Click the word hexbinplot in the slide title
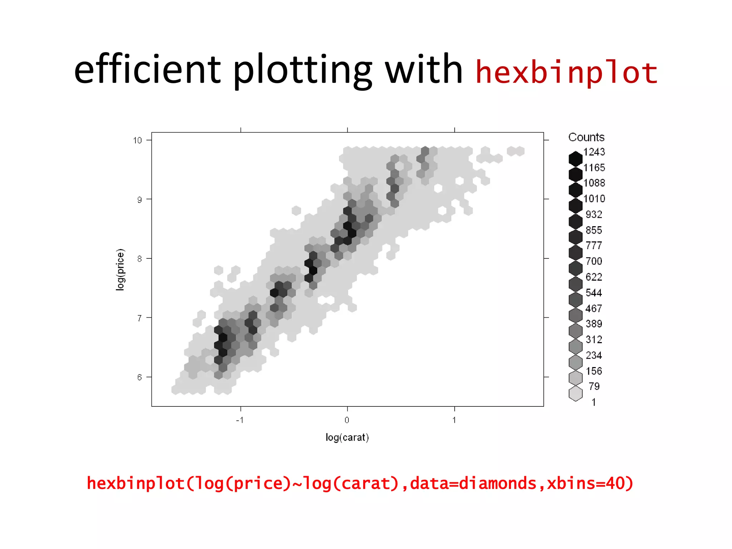(566, 73)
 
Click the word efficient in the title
(147, 69)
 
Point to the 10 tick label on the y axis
(137, 140)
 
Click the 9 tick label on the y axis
(139, 200)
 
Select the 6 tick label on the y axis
(139, 377)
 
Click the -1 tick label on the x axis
(240, 420)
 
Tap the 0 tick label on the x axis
(347, 420)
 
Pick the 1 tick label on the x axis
(454, 420)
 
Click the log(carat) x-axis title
(347, 437)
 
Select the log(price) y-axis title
(120, 269)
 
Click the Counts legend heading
(586, 137)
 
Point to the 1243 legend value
(594, 152)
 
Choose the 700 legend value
(594, 261)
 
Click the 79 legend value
(594, 386)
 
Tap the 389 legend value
(594, 324)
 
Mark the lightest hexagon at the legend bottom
(575, 394)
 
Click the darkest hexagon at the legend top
(575, 159)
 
